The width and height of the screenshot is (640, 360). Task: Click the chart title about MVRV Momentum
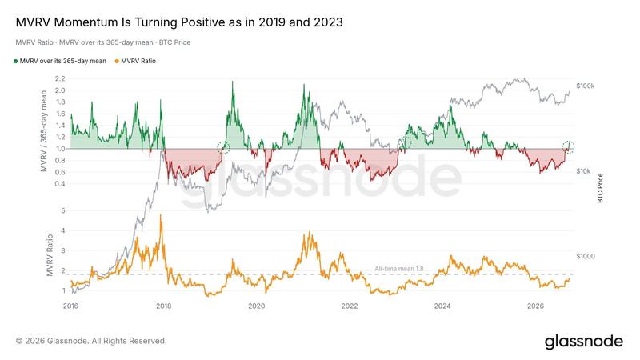(x=179, y=22)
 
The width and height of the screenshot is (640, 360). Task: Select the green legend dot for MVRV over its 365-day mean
(x=15, y=62)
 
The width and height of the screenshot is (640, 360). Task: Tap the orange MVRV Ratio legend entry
(x=135, y=62)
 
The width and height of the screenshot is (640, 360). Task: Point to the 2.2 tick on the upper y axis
(x=59, y=78)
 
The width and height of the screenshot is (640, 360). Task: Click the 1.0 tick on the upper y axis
(x=61, y=149)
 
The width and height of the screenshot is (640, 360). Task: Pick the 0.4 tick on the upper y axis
(x=60, y=184)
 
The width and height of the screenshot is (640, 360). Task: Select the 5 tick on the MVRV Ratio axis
(x=63, y=211)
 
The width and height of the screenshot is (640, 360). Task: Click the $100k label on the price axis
(x=586, y=86)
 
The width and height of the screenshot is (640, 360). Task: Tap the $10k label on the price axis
(x=584, y=171)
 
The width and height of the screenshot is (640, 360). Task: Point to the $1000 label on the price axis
(x=586, y=256)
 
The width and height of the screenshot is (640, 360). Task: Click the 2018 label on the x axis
(x=164, y=306)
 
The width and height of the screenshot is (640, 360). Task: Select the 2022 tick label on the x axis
(x=350, y=306)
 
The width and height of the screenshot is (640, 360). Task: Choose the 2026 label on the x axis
(x=535, y=306)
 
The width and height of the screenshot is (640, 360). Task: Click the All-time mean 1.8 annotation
(x=398, y=269)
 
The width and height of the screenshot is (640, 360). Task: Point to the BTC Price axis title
(x=600, y=188)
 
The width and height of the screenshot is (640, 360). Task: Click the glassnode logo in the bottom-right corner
(x=584, y=342)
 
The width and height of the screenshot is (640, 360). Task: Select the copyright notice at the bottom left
(x=91, y=341)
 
